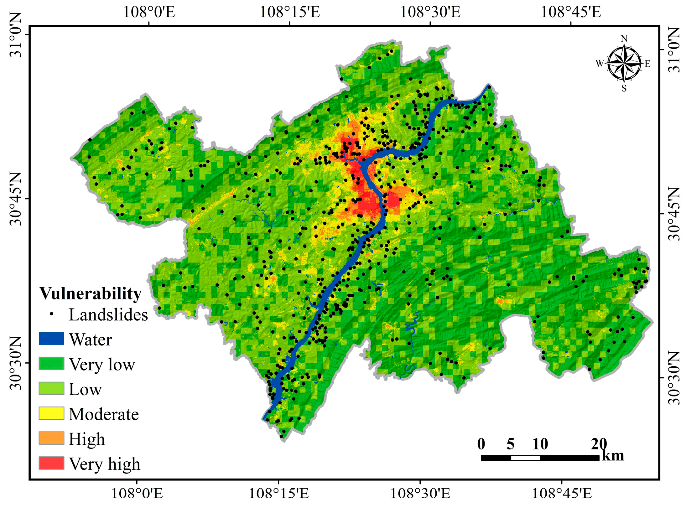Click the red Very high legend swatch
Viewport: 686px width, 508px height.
click(51, 463)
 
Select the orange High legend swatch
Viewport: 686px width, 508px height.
click(51, 438)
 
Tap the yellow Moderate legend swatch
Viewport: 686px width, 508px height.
click(51, 413)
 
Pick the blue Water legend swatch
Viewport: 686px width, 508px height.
click(51, 339)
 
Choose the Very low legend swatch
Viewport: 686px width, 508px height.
click(51, 363)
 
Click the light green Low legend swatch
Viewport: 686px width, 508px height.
click(51, 388)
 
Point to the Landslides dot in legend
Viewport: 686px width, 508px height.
click(52, 314)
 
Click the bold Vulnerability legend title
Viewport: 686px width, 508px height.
click(90, 293)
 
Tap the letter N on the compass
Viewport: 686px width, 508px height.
click(624, 39)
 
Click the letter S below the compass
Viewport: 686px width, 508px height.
click(624, 89)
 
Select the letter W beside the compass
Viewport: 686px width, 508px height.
click(599, 64)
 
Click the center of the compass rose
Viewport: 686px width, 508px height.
click(624, 64)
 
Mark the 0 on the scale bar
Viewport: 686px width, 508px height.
click(481, 444)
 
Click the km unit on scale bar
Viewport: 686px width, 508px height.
click(613, 456)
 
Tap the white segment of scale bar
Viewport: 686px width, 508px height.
click(525, 458)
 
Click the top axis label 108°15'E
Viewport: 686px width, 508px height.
click(290, 13)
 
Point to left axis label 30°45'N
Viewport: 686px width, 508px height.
click(15, 199)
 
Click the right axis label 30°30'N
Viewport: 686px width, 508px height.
click(673, 378)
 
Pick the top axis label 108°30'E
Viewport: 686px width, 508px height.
click(430, 13)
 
